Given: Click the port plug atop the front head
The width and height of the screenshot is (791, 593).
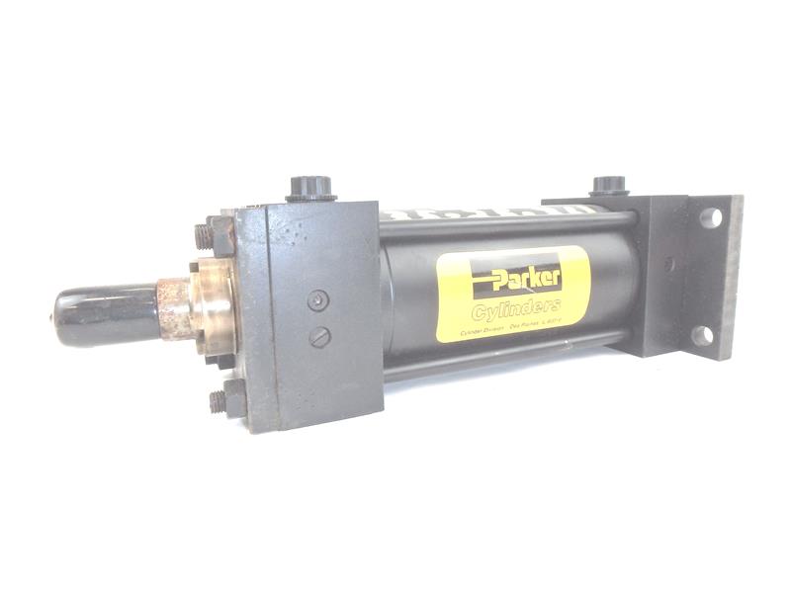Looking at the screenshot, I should click(310, 188).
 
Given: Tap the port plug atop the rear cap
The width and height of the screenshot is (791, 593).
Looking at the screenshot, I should click(609, 185).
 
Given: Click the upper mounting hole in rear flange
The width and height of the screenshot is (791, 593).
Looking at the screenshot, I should click(710, 217).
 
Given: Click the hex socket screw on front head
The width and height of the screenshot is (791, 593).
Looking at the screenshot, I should click(315, 301).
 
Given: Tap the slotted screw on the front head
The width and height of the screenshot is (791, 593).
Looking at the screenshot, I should click(317, 337).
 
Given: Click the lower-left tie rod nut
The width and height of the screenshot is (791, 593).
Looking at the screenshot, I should click(219, 400).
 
